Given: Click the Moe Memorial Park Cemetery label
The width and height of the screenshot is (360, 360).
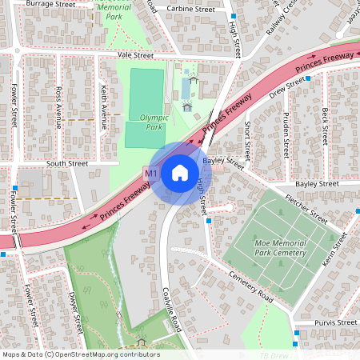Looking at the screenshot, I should pyautogui.click(x=280, y=247).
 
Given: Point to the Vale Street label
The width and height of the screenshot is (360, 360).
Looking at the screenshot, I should pyautogui.click(x=134, y=55).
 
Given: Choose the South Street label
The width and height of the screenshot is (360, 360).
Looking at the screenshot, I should pyautogui.click(x=66, y=162).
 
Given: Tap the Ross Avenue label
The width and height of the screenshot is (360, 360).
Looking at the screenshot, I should pyautogui.click(x=58, y=108).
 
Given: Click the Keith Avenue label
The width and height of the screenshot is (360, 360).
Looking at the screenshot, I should pyautogui.click(x=103, y=108).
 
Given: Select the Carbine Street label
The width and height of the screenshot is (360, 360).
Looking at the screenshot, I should pyautogui.click(x=191, y=10).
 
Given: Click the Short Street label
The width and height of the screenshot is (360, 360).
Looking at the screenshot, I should pyautogui.click(x=248, y=139).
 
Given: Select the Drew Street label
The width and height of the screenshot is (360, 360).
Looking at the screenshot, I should pyautogui.click(x=287, y=87).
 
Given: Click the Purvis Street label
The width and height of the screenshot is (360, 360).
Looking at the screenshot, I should pyautogui.click(x=336, y=322).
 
